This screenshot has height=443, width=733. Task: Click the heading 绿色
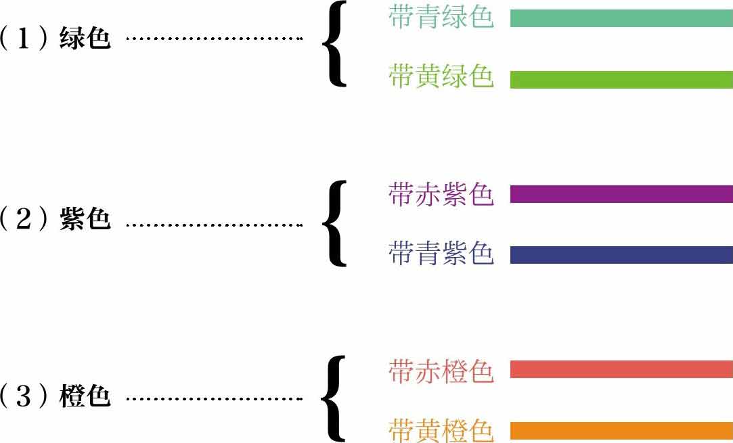pos(85,38)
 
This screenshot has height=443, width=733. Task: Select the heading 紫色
pos(85,220)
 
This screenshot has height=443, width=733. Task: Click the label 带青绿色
pos(441,18)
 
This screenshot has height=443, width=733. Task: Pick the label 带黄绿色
pos(441,77)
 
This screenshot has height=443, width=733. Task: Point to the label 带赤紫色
pos(441,195)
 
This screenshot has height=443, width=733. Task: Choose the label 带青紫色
pos(441,254)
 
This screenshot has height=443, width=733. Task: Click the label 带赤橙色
pos(441,371)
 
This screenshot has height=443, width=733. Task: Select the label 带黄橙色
pos(441,431)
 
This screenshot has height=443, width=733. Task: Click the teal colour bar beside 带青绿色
pos(621,18)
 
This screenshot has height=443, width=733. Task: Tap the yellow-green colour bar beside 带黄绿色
pos(621,79)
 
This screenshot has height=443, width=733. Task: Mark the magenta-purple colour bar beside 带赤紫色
pos(621,194)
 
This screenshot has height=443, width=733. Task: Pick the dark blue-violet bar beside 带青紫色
pos(621,255)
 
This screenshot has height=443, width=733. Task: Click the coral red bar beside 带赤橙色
pos(621,370)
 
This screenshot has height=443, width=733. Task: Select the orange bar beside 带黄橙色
pos(621,431)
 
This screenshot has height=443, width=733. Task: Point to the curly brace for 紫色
pos(334,223)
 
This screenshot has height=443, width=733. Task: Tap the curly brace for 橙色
pos(334,399)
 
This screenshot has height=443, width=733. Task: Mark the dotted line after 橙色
pos(214,398)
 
